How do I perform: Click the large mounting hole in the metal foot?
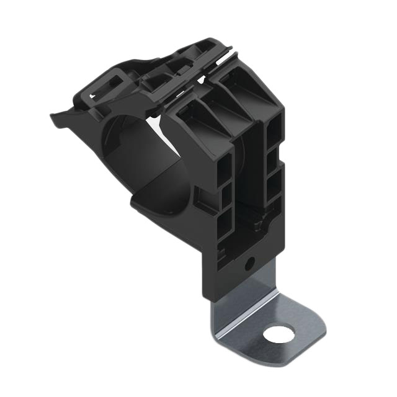[278, 335]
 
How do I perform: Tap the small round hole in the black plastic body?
[249, 264]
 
